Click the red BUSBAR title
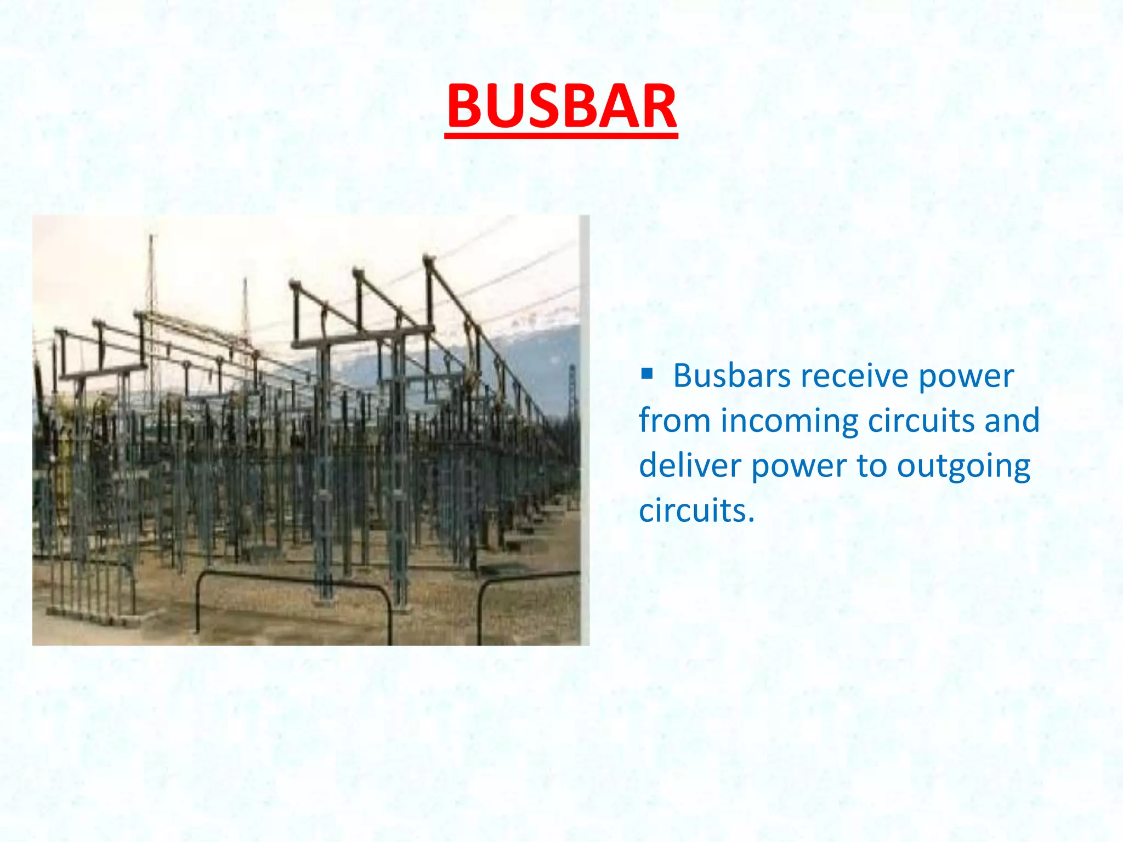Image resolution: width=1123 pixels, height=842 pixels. coord(561,106)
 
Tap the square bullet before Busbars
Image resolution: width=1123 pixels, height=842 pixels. coord(647,374)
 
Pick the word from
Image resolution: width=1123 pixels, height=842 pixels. coord(674,421)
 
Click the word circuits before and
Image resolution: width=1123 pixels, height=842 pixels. coord(922,421)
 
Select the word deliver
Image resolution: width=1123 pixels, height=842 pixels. coord(690,466)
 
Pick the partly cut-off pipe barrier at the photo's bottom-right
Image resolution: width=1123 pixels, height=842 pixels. coord(526,581)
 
